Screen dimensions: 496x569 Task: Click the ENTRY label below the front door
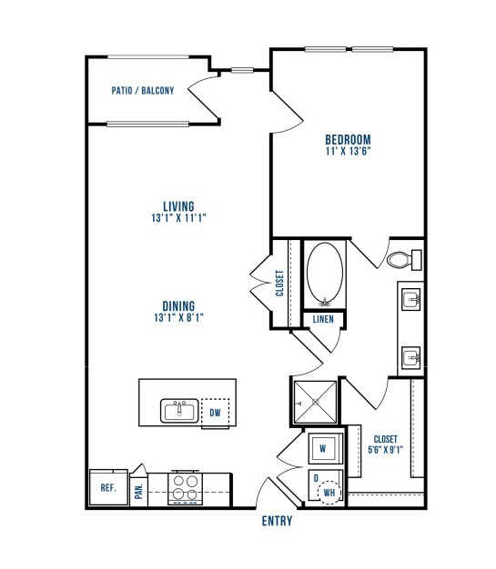277,521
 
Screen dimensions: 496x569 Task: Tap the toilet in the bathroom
404,260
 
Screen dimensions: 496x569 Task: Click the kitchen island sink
179,411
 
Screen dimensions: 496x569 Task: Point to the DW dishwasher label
215,413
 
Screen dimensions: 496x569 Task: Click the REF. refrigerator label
108,488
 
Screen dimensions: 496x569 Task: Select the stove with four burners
186,487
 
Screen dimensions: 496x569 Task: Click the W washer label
323,448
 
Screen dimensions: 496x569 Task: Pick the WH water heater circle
329,493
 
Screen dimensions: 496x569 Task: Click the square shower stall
315,402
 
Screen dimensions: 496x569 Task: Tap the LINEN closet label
323,319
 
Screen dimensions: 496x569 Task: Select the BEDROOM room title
348,140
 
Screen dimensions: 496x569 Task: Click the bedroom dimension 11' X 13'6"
348,151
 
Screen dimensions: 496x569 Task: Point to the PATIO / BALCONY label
143,90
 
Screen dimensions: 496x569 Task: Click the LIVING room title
178,206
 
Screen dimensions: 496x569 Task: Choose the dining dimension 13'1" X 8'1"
178,317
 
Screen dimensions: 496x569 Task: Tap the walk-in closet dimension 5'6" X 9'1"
386,450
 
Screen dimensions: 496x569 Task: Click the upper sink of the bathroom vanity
411,300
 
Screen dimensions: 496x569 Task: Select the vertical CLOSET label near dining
279,283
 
